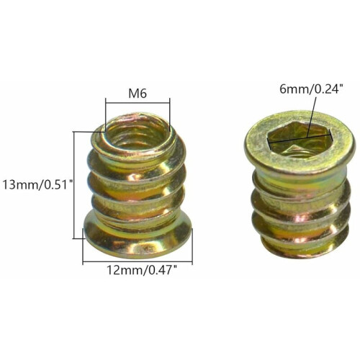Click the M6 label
coord(138,94)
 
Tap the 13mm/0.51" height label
coord(37,185)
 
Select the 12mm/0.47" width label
coord(143,271)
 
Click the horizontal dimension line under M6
coord(138,103)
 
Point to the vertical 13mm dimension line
coord(74,185)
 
